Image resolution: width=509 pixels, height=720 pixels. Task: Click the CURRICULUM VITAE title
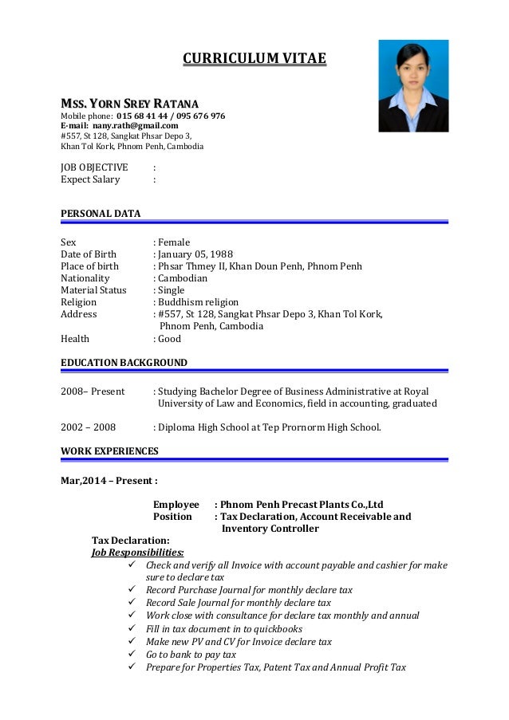(254, 58)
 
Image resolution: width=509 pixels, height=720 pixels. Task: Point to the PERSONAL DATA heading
(101, 214)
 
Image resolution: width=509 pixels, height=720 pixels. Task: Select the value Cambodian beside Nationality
(183, 278)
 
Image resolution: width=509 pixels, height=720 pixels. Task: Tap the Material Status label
(93, 290)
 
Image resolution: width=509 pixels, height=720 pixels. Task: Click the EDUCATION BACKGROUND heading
(124, 363)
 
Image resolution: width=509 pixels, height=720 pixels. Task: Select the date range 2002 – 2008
(89, 427)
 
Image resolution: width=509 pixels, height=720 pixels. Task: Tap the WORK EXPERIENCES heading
(109, 451)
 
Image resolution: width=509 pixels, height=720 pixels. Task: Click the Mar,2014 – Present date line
(109, 481)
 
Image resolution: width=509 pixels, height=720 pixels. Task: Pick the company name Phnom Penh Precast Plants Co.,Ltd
(302, 505)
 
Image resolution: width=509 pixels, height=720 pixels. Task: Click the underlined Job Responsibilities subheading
(138, 552)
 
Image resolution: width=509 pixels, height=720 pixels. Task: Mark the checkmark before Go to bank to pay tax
(132, 655)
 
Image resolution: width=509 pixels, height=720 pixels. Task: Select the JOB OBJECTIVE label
(94, 167)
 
